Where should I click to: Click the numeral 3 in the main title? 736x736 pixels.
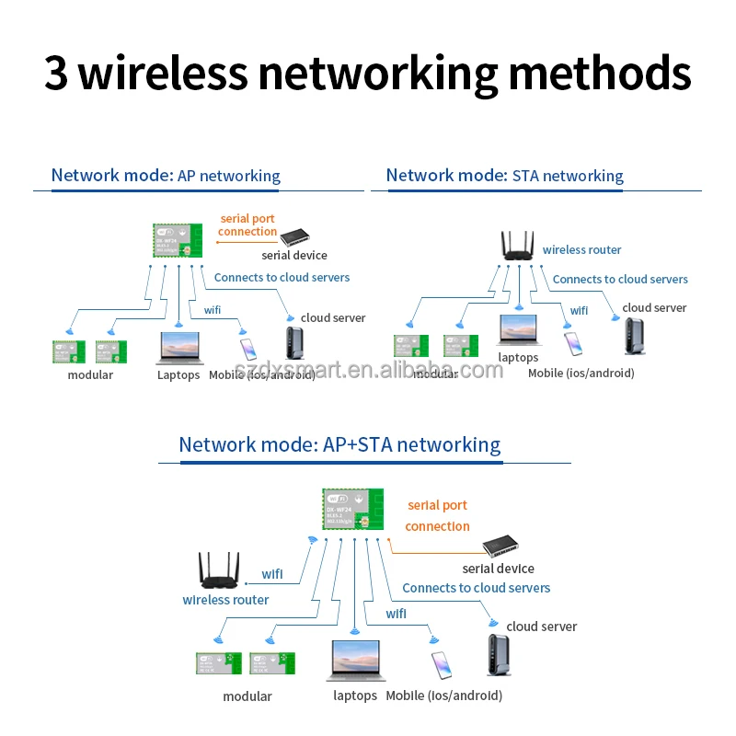click(x=56, y=73)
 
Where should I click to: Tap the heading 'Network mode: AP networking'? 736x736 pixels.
click(x=166, y=176)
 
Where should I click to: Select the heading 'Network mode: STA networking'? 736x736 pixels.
click(x=504, y=176)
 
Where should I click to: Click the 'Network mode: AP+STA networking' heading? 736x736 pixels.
click(x=339, y=445)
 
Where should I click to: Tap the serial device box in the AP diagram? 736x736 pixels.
click(x=296, y=237)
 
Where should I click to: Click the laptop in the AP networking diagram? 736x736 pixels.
click(x=178, y=349)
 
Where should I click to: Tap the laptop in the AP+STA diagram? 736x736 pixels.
click(x=355, y=661)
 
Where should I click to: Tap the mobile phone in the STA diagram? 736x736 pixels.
click(x=573, y=342)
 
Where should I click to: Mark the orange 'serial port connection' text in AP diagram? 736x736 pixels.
click(x=247, y=225)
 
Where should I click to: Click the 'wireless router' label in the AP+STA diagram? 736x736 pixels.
click(x=225, y=600)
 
